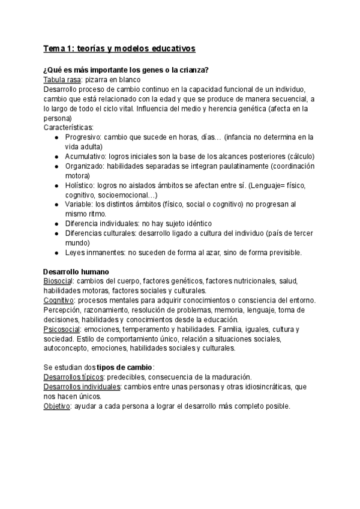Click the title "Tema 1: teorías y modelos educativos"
pos(120,47)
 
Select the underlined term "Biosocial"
pos(59,281)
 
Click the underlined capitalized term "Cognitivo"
pos(59,300)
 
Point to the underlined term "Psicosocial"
pos(62,330)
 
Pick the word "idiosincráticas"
pos(257,387)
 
